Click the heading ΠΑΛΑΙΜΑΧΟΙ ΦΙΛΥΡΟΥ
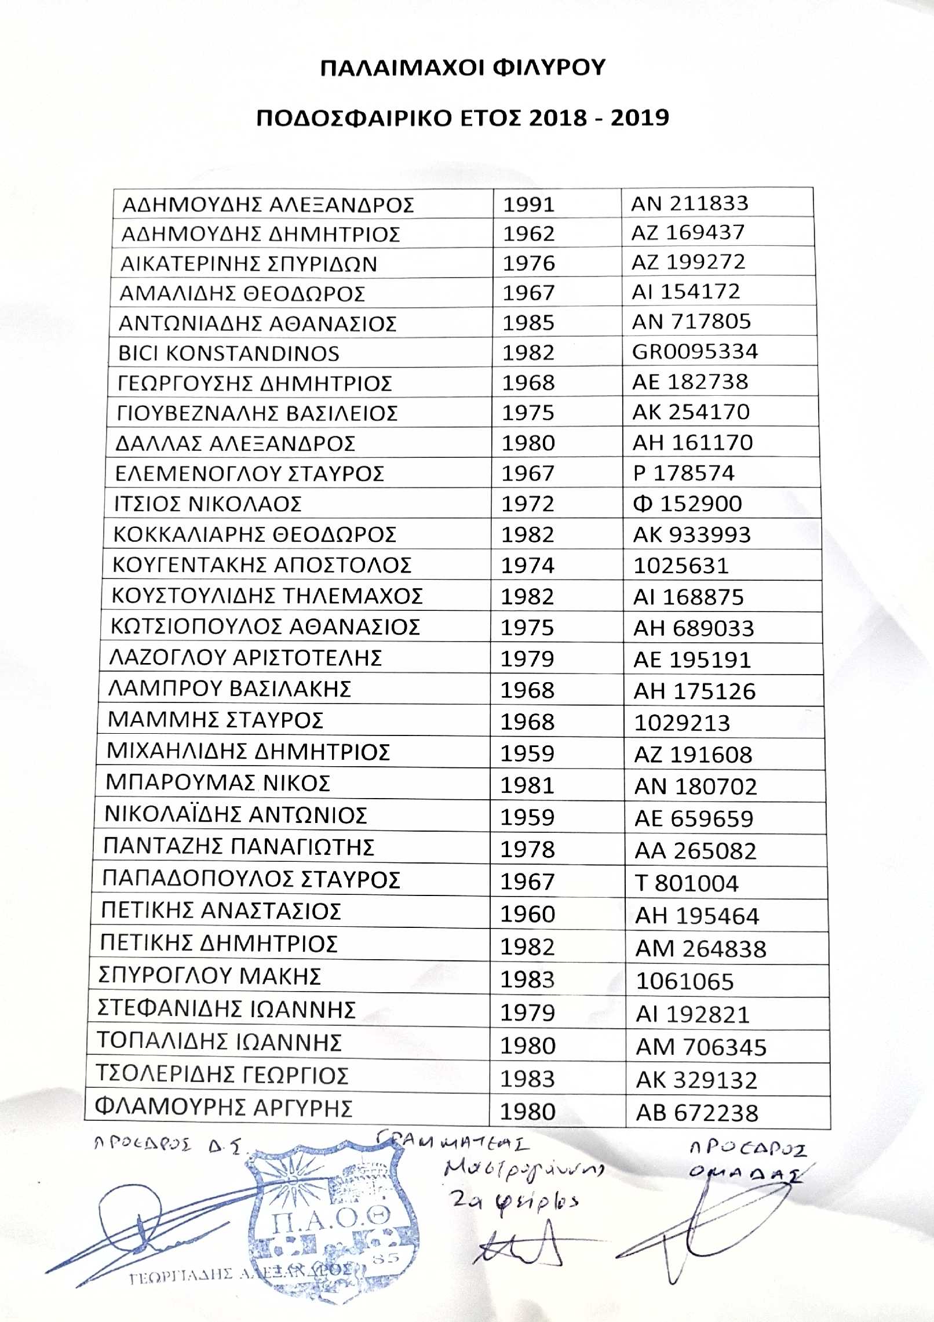click(x=462, y=68)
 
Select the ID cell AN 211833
click(x=689, y=203)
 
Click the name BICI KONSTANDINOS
click(x=229, y=354)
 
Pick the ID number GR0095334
click(x=695, y=352)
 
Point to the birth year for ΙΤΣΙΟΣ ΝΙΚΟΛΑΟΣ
click(x=528, y=504)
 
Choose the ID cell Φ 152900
click(x=687, y=504)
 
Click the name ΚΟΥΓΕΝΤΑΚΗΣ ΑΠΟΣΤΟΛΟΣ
click(x=261, y=565)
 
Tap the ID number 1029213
click(x=682, y=723)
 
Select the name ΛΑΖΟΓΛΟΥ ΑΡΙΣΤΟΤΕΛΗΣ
click(x=245, y=658)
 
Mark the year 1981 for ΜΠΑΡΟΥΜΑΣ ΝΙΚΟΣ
click(x=527, y=785)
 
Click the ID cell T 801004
click(x=687, y=883)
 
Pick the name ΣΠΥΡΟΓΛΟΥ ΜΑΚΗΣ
click(x=209, y=977)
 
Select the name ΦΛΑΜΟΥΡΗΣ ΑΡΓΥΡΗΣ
click(x=224, y=1108)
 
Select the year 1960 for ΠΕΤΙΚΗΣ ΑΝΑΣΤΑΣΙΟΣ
click(x=527, y=914)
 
